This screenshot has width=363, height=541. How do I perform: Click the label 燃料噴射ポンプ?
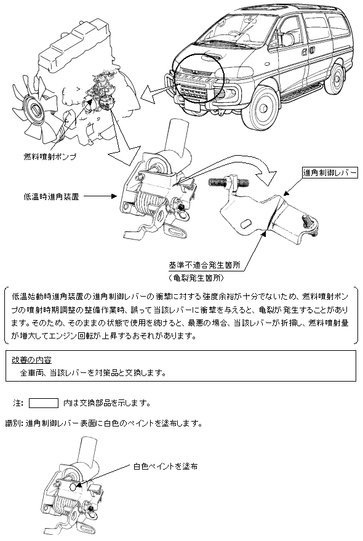[50, 157]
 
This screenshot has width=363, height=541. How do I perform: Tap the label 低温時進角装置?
[51, 197]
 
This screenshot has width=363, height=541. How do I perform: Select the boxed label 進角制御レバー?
[329, 172]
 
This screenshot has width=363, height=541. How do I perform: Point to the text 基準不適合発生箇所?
[204, 265]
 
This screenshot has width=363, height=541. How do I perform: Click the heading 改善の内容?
[31, 360]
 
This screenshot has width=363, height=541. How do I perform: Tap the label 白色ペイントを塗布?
[166, 467]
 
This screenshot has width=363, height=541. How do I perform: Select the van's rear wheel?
[334, 79]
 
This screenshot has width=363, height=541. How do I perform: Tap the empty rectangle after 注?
[44, 403]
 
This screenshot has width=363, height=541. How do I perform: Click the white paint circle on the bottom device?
[73, 486]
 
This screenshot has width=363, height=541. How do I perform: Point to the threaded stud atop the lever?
[229, 181]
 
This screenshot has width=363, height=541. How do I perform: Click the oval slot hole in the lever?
[245, 224]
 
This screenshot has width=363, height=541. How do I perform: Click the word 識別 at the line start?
[14, 423]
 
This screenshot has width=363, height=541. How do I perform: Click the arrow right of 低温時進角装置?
[101, 196]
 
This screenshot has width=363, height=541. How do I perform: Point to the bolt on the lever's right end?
[308, 224]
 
